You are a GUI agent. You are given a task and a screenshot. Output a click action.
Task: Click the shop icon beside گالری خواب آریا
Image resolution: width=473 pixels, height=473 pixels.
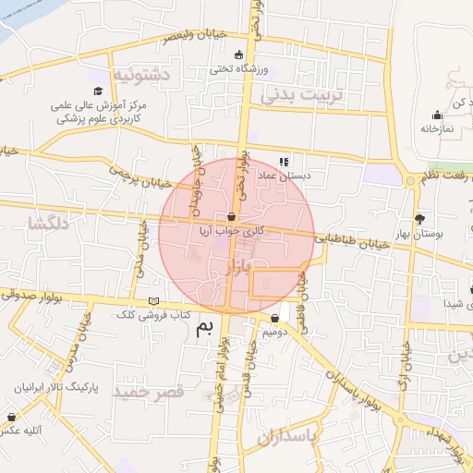point(244,217)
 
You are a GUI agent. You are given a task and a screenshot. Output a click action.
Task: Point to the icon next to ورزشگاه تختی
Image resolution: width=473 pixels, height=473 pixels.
point(240,54)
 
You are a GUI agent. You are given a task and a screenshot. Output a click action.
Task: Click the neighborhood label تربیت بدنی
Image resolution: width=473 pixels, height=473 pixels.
point(301,94)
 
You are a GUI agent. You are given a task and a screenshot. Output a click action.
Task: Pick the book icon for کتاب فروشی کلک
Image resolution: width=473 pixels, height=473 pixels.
point(153,302)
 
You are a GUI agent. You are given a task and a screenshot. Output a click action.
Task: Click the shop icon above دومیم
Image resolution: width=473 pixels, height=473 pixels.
point(274,318)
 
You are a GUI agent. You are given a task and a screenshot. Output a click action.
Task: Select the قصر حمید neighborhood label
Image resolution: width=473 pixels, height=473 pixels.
point(148,392)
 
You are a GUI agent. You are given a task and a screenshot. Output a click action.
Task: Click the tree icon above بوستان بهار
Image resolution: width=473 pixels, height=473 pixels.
point(420,219)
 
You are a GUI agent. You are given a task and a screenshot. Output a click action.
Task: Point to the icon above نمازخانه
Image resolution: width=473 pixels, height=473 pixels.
point(437,115)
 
